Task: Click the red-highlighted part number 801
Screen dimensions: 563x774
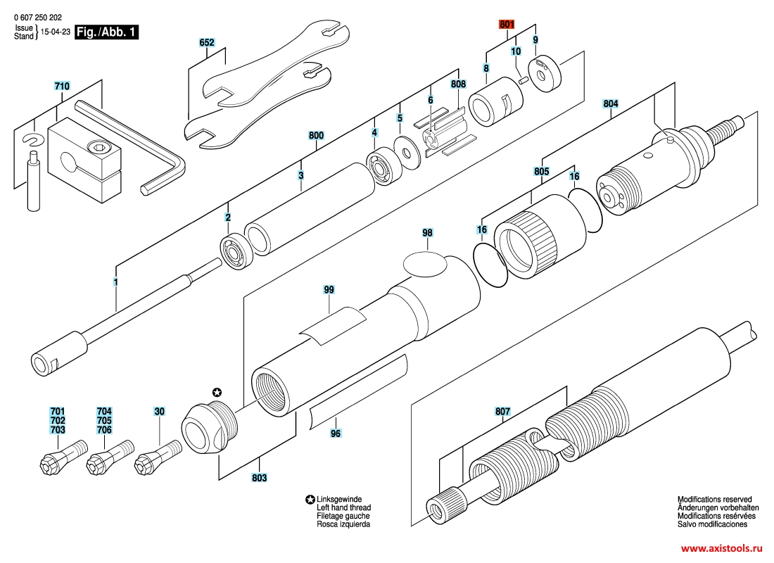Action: (507, 25)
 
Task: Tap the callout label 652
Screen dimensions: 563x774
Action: (206, 43)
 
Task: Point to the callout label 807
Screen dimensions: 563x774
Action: (502, 411)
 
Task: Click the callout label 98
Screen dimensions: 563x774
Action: (427, 232)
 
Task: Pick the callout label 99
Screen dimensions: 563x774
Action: (329, 289)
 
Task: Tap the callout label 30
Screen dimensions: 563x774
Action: (160, 411)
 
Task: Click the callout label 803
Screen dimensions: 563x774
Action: (260, 479)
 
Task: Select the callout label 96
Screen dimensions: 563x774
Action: (336, 434)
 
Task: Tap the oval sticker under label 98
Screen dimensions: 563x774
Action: (426, 265)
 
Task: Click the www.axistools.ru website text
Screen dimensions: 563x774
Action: (721, 547)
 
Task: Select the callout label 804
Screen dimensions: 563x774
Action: (611, 103)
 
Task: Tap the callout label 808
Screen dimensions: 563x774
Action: (458, 84)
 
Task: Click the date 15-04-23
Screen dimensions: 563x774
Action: (56, 32)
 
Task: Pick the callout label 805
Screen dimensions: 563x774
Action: (541, 171)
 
